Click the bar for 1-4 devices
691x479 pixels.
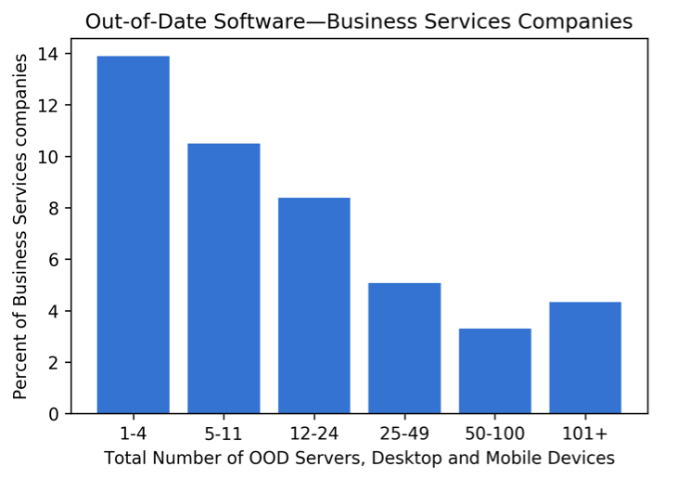(133, 235)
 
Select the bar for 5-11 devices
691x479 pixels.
(224, 278)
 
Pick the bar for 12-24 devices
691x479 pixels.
(314, 305)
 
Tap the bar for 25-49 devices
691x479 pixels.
(404, 348)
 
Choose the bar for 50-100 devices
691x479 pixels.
(494, 370)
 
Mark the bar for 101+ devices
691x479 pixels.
(585, 357)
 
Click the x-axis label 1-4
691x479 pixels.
(133, 434)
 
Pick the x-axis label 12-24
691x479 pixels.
(314, 434)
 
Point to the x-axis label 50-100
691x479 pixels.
(494, 434)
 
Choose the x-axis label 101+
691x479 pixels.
(585, 434)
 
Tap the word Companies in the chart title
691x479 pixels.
(575, 21)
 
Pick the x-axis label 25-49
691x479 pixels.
(404, 434)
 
